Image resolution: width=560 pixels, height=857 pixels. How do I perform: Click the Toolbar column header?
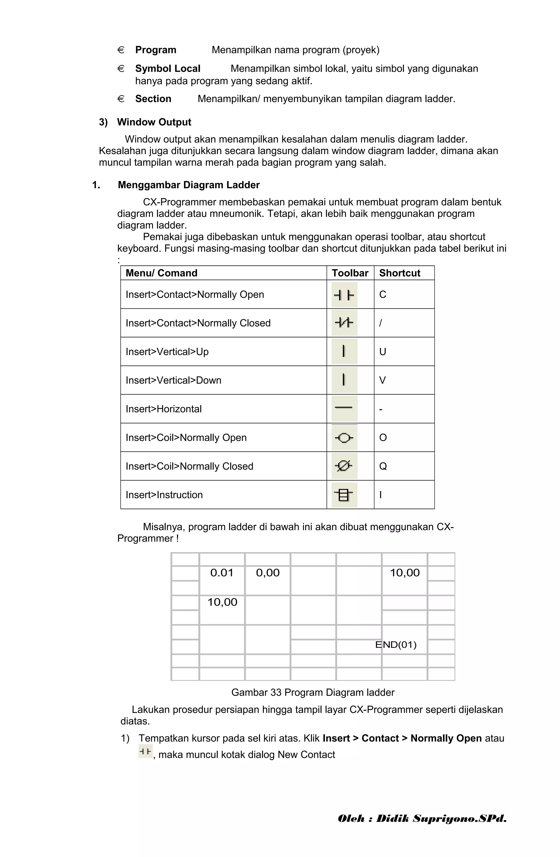[x=349, y=273]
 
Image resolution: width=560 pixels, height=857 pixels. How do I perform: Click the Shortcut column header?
[x=399, y=273]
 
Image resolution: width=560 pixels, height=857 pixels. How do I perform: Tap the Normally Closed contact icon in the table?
[x=344, y=323]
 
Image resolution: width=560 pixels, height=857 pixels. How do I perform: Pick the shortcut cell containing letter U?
[x=382, y=352]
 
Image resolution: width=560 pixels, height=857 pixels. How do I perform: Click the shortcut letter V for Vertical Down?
[x=382, y=380]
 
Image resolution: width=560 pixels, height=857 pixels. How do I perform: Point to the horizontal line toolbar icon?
[x=344, y=408]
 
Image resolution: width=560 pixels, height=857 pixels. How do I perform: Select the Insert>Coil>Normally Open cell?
[x=186, y=438]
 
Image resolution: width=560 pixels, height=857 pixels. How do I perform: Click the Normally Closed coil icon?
[x=344, y=466]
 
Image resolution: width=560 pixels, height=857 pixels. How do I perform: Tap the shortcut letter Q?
[x=383, y=466]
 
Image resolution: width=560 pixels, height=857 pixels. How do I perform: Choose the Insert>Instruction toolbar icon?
[x=344, y=495]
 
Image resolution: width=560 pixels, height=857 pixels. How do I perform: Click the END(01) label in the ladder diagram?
[x=395, y=645]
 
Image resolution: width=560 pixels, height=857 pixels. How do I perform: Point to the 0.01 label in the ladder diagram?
[x=222, y=573]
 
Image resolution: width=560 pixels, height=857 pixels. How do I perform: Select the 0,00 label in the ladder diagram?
[x=267, y=573]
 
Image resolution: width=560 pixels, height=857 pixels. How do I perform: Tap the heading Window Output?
[x=154, y=122]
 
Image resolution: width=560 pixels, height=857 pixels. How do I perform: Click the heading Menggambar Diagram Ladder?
[x=189, y=185]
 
